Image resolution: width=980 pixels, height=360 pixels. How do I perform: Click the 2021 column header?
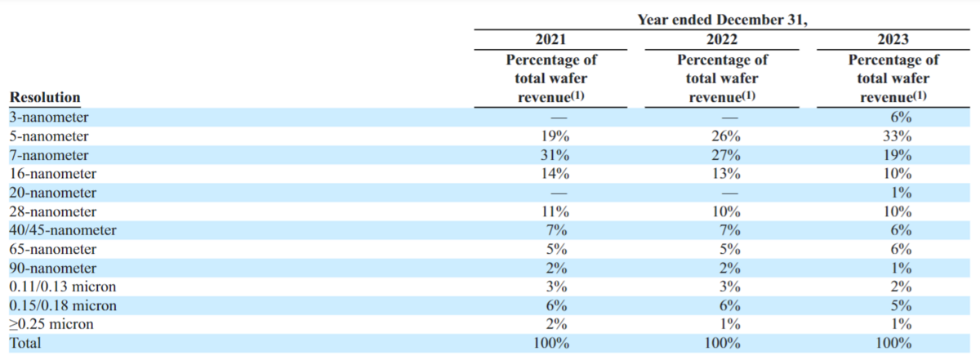pos(550,39)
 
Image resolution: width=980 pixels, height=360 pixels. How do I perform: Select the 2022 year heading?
pos(722,39)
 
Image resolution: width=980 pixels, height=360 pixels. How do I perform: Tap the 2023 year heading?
pos(893,39)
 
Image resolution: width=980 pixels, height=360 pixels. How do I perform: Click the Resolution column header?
pos(45,97)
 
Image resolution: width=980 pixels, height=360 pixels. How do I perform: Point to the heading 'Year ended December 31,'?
pos(722,20)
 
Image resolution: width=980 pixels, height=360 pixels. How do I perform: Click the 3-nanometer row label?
pos(49,118)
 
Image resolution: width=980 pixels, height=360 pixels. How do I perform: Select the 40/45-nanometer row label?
pos(63,230)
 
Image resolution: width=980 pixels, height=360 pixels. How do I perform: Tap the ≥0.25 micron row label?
pos(51,324)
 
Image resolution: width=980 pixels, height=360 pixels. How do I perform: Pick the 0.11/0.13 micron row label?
pos(63,287)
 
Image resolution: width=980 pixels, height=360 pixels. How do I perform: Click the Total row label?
pos(25,343)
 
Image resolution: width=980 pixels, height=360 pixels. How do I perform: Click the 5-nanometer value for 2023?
pos(897,136)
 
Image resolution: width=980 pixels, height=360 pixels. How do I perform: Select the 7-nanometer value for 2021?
pos(555,155)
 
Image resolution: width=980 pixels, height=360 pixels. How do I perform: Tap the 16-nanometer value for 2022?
pos(726,174)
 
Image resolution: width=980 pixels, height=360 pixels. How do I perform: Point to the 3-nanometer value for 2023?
pos(901,118)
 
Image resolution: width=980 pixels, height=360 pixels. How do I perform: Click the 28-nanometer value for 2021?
pos(555,211)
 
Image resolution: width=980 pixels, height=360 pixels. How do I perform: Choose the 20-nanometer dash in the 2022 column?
pos(730,193)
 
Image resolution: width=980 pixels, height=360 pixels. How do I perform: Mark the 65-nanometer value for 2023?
pos(901,249)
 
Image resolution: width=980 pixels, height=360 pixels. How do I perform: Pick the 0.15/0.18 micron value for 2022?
pos(730,305)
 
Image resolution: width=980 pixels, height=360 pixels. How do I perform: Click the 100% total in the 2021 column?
pos(551,343)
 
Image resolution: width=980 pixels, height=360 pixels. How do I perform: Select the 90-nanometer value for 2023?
pos(901,268)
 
